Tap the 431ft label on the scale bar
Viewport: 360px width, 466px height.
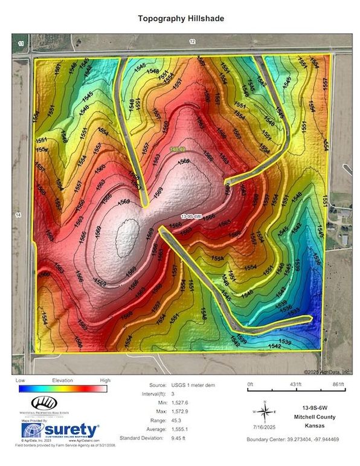tap(296, 385)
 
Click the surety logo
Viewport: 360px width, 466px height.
tap(60, 429)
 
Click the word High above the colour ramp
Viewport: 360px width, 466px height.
tap(105, 380)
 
